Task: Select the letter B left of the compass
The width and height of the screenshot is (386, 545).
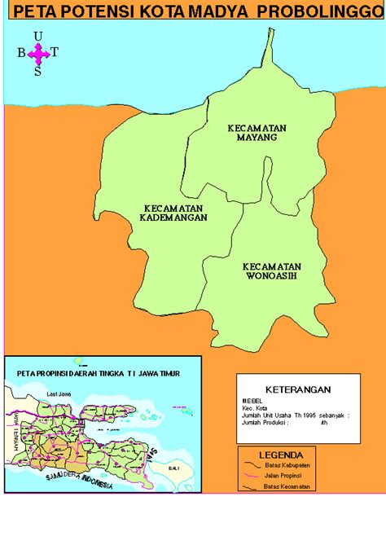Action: (21, 53)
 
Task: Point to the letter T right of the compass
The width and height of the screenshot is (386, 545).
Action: (55, 53)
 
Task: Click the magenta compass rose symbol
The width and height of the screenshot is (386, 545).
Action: (38, 53)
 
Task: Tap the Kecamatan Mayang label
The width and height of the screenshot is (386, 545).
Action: (252, 133)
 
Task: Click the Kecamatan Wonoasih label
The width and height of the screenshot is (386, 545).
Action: (272, 270)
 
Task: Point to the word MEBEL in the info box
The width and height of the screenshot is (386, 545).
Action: (252, 400)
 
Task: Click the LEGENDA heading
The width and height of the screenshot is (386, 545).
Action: (281, 455)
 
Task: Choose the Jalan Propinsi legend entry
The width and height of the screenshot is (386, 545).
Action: (282, 476)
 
